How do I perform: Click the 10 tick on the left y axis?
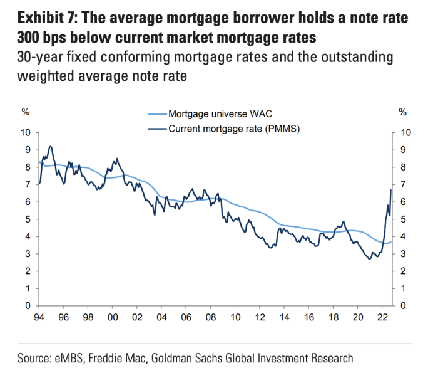click(25, 132)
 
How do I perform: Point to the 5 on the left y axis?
click(27, 219)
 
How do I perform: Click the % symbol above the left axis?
click(26, 113)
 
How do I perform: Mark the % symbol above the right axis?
click(403, 113)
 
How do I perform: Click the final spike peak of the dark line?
click(390, 189)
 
